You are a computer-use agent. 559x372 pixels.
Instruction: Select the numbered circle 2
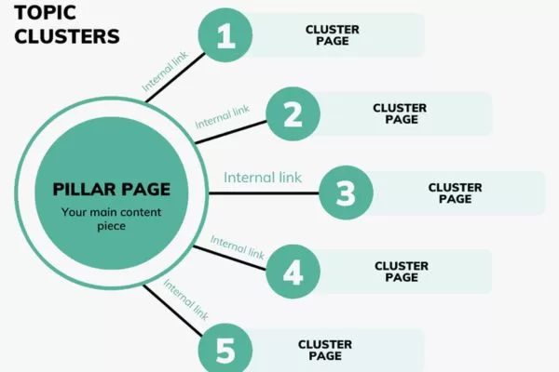coord(293,114)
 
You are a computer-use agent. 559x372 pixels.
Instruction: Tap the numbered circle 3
coord(346,193)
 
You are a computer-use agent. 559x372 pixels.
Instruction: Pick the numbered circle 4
coord(293,272)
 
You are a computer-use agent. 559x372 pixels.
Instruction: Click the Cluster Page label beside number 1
coord(332,35)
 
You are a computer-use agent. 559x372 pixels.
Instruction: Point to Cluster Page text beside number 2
coord(400,113)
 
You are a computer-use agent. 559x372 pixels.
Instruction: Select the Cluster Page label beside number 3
coord(456,193)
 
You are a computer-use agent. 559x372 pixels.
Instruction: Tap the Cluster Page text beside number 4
coord(401,271)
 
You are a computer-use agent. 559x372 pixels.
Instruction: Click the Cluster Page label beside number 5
coord(325,350)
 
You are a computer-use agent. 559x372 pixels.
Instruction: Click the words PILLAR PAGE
coord(112,189)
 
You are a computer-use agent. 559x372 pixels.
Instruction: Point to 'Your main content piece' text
coord(112,219)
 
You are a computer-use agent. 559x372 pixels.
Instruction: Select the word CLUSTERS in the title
coord(67,37)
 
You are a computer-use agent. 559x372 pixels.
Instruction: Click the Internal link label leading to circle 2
coord(223,116)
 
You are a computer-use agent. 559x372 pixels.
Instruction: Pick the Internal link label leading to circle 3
coord(263,177)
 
